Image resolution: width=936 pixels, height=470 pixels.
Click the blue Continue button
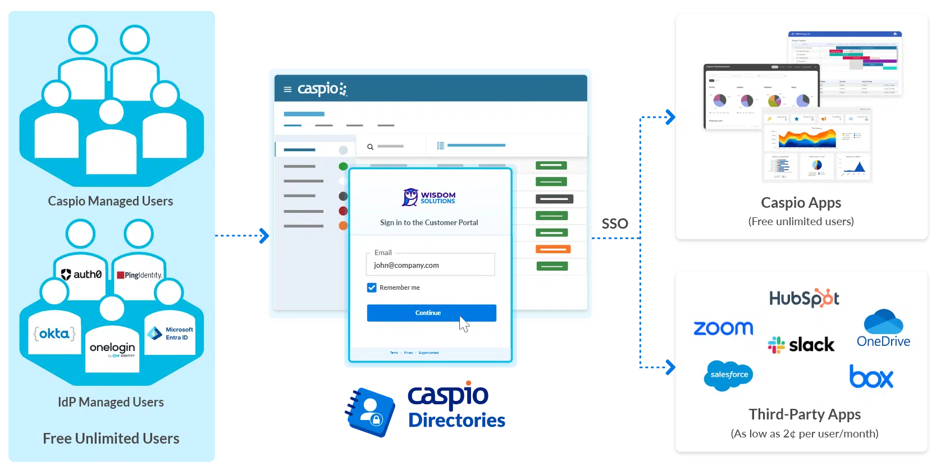coord(431,313)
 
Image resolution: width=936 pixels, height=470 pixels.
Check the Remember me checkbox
coord(372,288)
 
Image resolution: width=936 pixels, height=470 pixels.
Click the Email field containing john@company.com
coord(430,265)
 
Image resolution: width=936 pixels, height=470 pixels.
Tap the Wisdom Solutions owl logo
coord(410,197)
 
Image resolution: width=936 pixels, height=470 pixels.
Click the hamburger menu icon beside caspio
coord(287,89)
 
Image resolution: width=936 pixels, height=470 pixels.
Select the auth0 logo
coord(81,275)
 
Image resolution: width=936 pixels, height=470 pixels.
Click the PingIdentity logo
coord(139,275)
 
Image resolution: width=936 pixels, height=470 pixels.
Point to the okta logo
coord(54,334)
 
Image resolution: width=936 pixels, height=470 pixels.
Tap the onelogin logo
coord(112,349)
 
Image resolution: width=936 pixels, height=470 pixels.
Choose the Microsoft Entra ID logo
coord(171,334)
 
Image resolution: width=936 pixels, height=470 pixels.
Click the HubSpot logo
coord(804,298)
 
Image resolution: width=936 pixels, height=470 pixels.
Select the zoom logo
coord(723,328)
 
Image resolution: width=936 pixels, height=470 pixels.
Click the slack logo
coord(801,344)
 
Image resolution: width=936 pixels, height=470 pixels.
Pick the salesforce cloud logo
coord(728,375)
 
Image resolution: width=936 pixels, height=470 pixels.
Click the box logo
coord(871,377)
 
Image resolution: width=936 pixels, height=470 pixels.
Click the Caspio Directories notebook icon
coord(369,412)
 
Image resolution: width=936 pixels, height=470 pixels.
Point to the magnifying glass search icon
coord(371,147)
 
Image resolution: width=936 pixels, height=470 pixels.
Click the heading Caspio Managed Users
coord(111,201)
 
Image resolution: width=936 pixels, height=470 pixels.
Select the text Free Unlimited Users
coord(111,439)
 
